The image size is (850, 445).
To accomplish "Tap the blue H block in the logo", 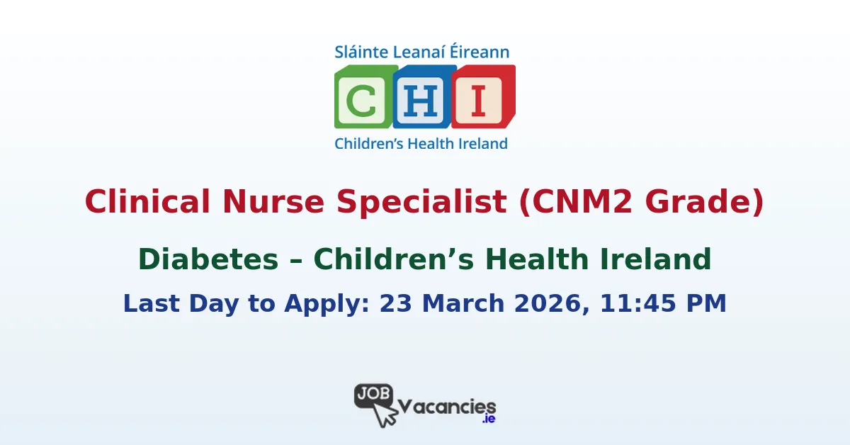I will point(423,96).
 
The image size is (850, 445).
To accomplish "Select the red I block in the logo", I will point(482,96).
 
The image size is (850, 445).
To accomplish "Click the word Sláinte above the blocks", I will point(358,52).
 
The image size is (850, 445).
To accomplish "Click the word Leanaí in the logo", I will point(421,52).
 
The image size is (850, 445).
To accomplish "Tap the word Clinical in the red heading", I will point(145,202).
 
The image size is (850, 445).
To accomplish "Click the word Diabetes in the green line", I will point(208,259).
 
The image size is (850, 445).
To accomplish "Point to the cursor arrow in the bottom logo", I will point(385,415).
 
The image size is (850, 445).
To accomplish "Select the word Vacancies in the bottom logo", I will point(446,407).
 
